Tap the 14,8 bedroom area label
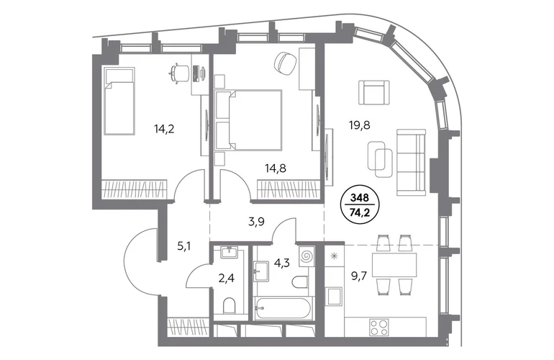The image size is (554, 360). click(x=276, y=168)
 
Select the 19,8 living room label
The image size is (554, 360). click(x=359, y=125)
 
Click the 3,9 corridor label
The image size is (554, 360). click(x=257, y=222)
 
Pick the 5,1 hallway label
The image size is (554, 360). click(x=184, y=246)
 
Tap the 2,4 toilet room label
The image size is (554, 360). click(x=226, y=279)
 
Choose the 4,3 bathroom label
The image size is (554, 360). click(x=282, y=263)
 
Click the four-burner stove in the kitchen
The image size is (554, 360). click(x=379, y=327)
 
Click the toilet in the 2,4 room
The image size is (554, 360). click(x=230, y=305)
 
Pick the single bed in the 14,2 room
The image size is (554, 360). click(x=119, y=101)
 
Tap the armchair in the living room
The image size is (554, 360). click(x=374, y=94)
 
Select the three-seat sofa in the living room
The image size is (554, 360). click(x=412, y=162)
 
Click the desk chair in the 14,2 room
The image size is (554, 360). click(x=178, y=73)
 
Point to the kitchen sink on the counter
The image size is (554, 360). click(x=334, y=296)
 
